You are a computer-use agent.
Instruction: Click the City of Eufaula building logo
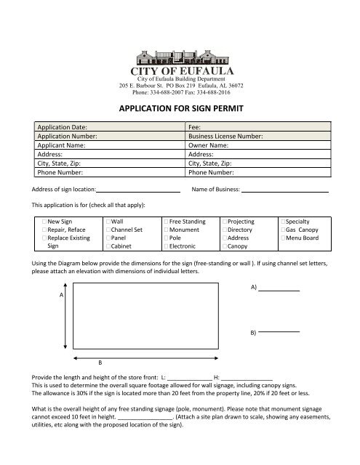pos(180,60)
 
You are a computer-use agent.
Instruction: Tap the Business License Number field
pos(298,136)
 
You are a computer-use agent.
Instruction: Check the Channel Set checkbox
pos(108,229)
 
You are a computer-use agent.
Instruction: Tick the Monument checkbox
pos(167,229)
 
